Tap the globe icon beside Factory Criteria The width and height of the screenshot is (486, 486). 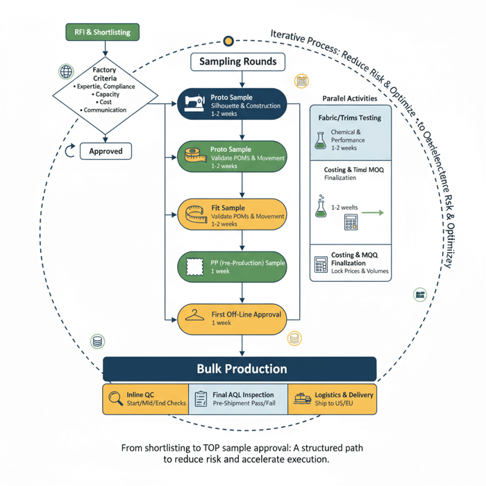(x=67, y=72)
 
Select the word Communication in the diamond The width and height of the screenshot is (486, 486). (x=104, y=110)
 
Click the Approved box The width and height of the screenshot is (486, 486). (x=106, y=151)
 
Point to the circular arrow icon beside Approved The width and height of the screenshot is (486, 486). (x=69, y=151)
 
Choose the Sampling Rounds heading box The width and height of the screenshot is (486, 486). (x=238, y=62)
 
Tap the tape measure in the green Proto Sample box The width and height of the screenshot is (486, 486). (x=192, y=157)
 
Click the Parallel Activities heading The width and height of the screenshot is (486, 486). (x=351, y=99)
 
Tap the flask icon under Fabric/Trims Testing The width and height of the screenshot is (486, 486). (x=320, y=141)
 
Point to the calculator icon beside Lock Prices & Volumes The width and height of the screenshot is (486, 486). (x=321, y=265)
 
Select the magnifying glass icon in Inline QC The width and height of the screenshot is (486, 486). (x=114, y=399)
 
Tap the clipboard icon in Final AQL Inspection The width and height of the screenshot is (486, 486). (x=201, y=399)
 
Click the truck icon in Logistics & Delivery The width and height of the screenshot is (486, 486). (x=302, y=399)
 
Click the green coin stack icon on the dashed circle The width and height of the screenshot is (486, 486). (x=97, y=342)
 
